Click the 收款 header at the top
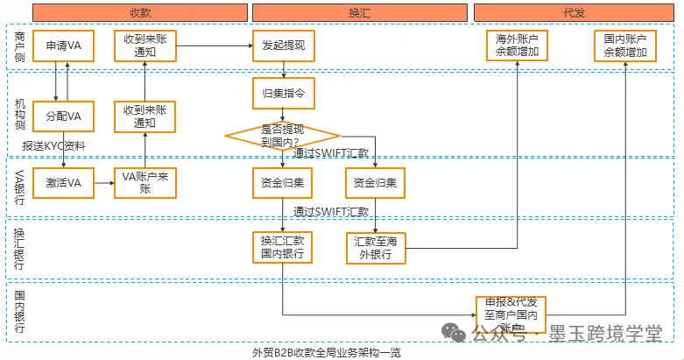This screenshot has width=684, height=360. [x=139, y=12]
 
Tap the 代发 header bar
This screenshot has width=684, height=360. [x=575, y=12]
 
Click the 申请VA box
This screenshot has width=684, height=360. [x=63, y=46]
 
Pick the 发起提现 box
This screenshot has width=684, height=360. [x=283, y=46]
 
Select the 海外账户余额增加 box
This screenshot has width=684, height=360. [x=518, y=46]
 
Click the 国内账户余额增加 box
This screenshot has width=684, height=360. [x=625, y=46]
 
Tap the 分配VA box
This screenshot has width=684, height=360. [x=63, y=116]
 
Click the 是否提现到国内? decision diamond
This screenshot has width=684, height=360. [x=282, y=135]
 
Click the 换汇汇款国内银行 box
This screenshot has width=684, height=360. [x=283, y=246]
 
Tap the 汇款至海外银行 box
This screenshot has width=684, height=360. [x=377, y=246]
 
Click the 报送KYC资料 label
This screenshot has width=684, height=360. [x=54, y=145]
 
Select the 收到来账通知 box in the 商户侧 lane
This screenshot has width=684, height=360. [x=145, y=46]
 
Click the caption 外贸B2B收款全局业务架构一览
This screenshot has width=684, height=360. [x=327, y=352]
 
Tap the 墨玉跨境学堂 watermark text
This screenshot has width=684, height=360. [x=605, y=333]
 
